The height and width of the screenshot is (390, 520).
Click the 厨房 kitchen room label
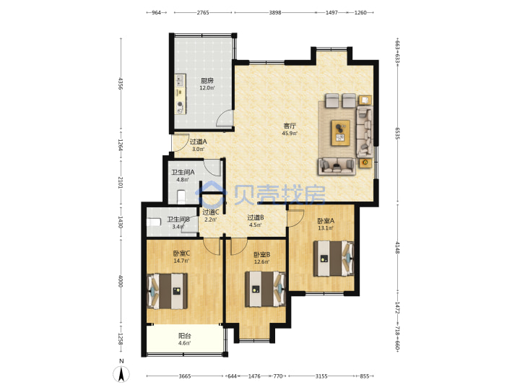click(207, 81)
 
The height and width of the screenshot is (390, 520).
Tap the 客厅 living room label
click(290, 126)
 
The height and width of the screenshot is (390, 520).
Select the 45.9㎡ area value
click(290, 134)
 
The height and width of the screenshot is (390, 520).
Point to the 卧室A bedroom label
click(326, 221)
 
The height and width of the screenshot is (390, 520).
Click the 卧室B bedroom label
click(261, 255)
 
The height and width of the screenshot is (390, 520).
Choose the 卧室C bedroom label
click(181, 253)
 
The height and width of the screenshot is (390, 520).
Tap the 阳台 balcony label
click(184, 336)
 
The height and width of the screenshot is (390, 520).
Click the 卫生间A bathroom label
click(183, 173)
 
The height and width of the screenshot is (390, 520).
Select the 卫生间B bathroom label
click(178, 220)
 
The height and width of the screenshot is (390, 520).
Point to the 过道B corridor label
click(256, 217)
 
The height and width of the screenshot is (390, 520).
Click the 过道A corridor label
click(198, 142)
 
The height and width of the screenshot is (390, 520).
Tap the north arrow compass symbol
click(121, 375)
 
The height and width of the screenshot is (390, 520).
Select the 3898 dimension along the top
click(275, 12)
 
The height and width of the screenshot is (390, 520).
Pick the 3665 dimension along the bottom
click(185, 376)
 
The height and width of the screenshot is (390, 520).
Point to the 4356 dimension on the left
click(121, 84)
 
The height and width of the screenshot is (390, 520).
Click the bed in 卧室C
click(167, 291)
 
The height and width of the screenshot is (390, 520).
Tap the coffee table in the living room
click(340, 133)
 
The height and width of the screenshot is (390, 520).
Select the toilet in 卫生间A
click(181, 196)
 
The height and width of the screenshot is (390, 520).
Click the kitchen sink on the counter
click(180, 80)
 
